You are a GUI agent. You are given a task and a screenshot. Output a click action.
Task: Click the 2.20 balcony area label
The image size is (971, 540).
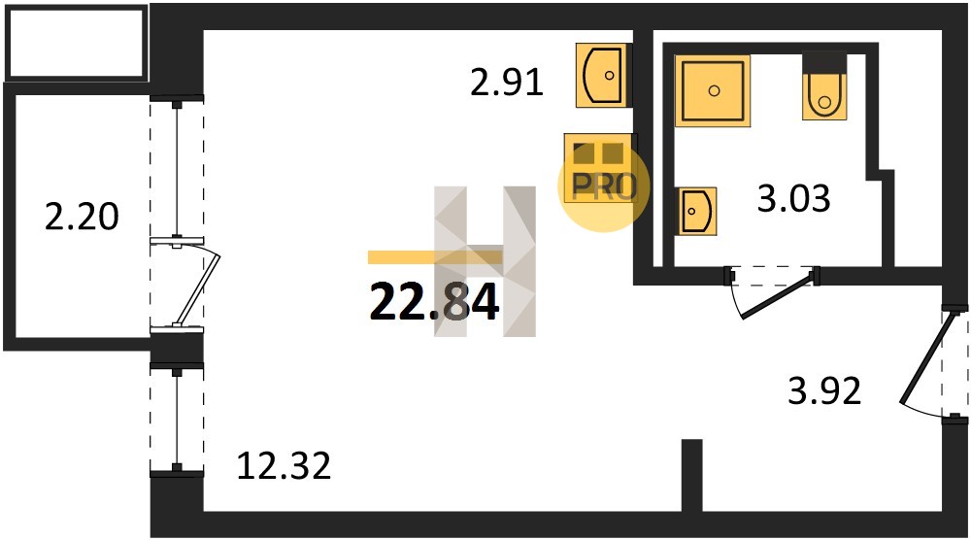point(82,217)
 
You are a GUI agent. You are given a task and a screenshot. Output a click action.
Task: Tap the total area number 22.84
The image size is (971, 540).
point(434,303)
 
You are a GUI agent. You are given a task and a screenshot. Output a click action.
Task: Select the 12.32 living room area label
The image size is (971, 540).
point(285,465)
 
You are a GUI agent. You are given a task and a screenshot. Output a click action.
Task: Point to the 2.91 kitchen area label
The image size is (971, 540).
point(507,83)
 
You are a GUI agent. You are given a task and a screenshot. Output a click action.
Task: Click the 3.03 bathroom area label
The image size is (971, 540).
point(794,199)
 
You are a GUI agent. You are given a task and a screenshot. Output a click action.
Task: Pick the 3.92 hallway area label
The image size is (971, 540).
point(824,391)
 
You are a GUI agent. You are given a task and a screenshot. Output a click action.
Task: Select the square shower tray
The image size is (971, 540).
point(713,90)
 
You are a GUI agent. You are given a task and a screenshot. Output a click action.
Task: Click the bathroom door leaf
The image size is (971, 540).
point(778,296)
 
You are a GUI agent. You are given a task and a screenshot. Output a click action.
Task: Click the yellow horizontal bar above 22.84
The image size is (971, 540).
point(435,257)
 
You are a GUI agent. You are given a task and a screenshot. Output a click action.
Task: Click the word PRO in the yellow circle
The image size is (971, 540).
point(604,186)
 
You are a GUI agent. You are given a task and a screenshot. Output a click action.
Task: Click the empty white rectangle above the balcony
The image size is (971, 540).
point(76,42)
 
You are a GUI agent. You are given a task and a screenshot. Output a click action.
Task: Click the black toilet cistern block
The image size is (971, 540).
point(824,62)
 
